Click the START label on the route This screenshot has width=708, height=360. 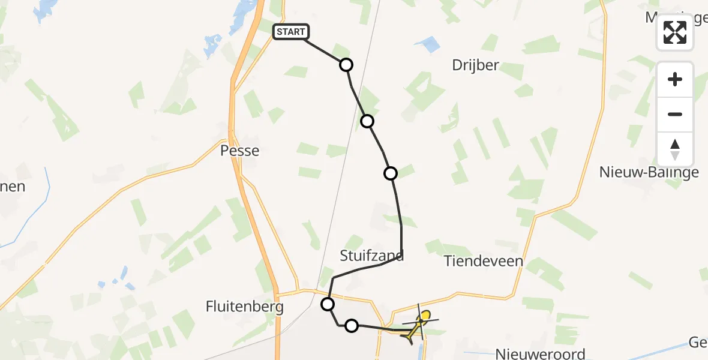[x=291, y=32]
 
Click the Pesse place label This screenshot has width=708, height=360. [x=240, y=150]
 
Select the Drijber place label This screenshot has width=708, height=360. [x=475, y=65]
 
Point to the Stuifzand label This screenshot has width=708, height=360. [x=372, y=256]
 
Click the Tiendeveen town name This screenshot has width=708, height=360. [x=484, y=261]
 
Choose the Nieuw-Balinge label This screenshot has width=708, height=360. [x=649, y=173]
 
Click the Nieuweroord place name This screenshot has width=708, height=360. [x=541, y=353]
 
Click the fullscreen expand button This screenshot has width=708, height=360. [x=675, y=32]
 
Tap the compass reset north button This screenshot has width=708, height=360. [x=675, y=149]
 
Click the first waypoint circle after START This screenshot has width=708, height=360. [x=346, y=65]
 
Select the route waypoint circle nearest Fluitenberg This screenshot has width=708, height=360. [x=328, y=304]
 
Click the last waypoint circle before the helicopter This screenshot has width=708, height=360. [x=352, y=326]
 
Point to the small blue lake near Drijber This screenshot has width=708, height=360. [x=428, y=43]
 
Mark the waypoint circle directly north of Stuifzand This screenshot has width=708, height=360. [x=391, y=173]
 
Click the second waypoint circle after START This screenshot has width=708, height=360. [x=367, y=121]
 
